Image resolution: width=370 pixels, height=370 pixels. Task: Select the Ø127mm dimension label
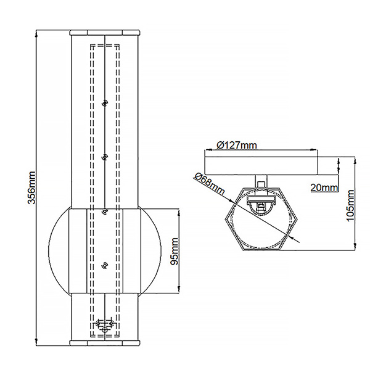[237, 146]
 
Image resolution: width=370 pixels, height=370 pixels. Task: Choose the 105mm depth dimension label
[351, 204]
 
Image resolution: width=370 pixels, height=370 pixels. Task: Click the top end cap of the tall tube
[104, 32]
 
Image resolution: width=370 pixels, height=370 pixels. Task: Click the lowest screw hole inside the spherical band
[104, 265]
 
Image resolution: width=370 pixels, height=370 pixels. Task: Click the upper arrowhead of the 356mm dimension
[37, 32]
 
